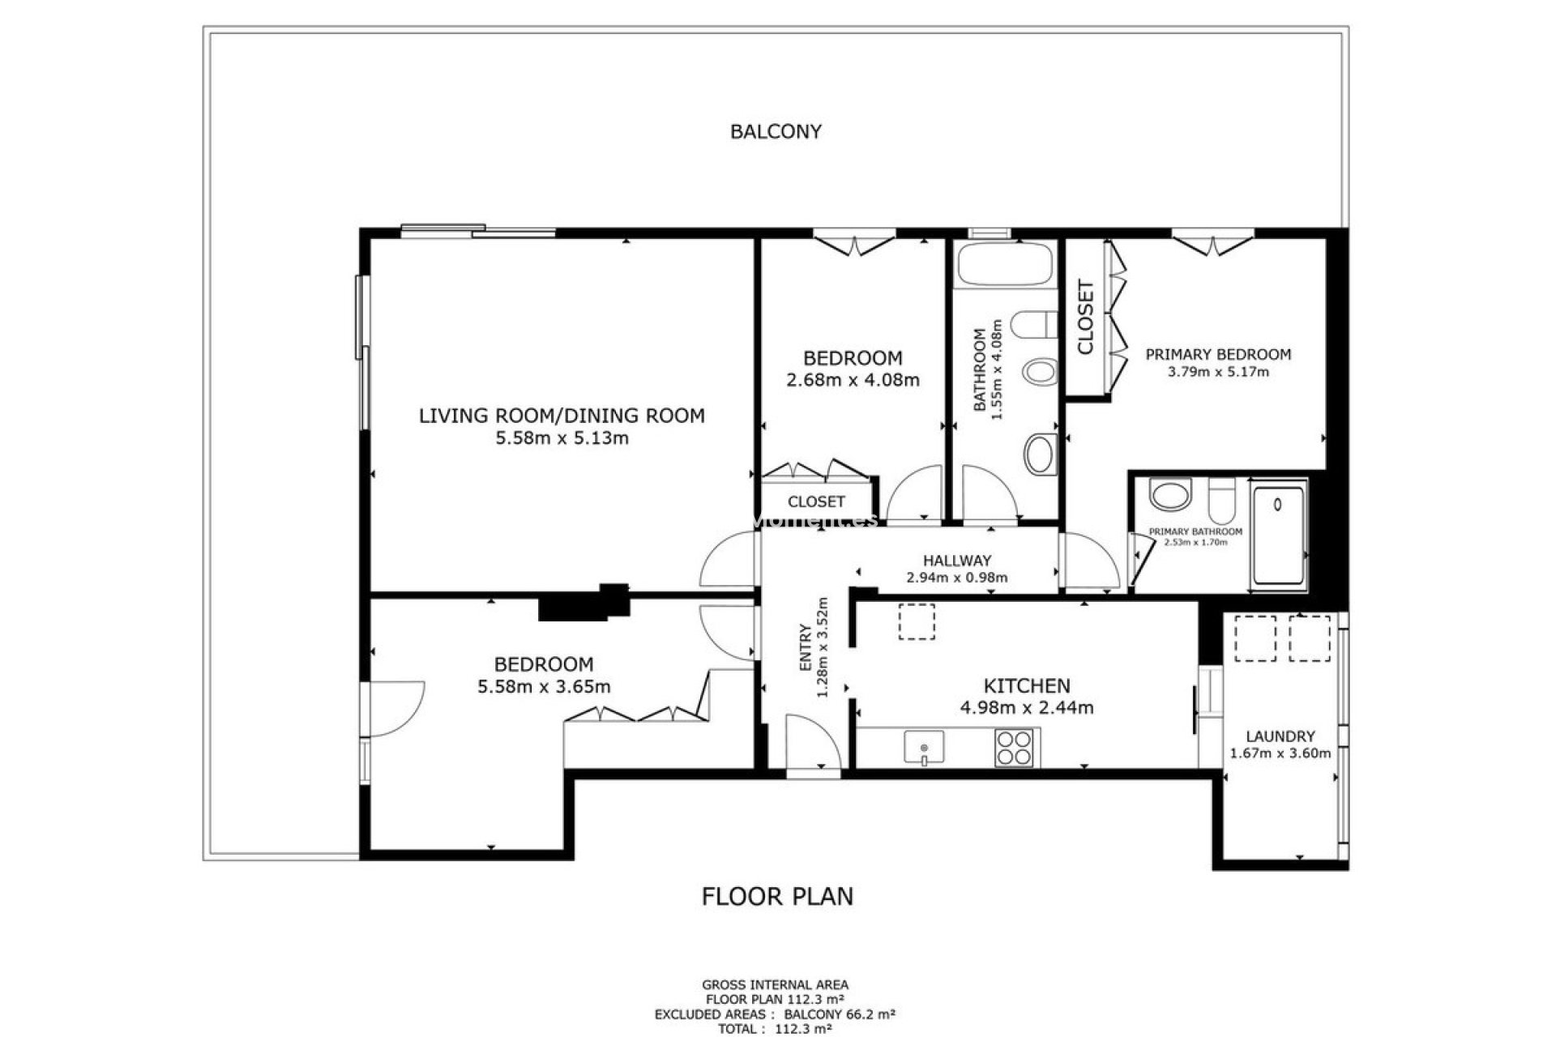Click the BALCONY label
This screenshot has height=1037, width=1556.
[x=776, y=131]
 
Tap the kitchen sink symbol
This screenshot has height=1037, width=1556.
[x=924, y=747]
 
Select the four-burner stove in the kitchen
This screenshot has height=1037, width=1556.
[x=1014, y=748]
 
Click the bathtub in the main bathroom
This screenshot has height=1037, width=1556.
[x=1005, y=265]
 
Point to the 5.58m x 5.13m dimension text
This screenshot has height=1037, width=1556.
[x=562, y=438]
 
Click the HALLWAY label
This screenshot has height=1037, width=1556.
[x=956, y=561]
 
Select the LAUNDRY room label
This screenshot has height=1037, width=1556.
[x=1280, y=736]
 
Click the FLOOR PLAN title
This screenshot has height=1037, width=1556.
[x=776, y=896]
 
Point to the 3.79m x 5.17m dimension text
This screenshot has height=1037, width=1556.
[x=1217, y=372]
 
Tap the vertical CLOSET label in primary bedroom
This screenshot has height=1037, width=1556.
[x=1085, y=318]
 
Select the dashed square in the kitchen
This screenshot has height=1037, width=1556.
[x=917, y=622]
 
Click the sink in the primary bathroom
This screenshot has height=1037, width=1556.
[x=1170, y=495]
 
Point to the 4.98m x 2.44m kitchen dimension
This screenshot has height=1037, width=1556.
[x=1026, y=707]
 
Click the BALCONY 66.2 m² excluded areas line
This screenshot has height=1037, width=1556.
[x=775, y=1014]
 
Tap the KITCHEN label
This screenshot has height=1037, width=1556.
[x=1026, y=686]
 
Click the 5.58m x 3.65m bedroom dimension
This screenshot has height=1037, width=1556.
[x=544, y=687]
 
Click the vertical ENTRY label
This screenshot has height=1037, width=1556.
[x=806, y=647]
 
